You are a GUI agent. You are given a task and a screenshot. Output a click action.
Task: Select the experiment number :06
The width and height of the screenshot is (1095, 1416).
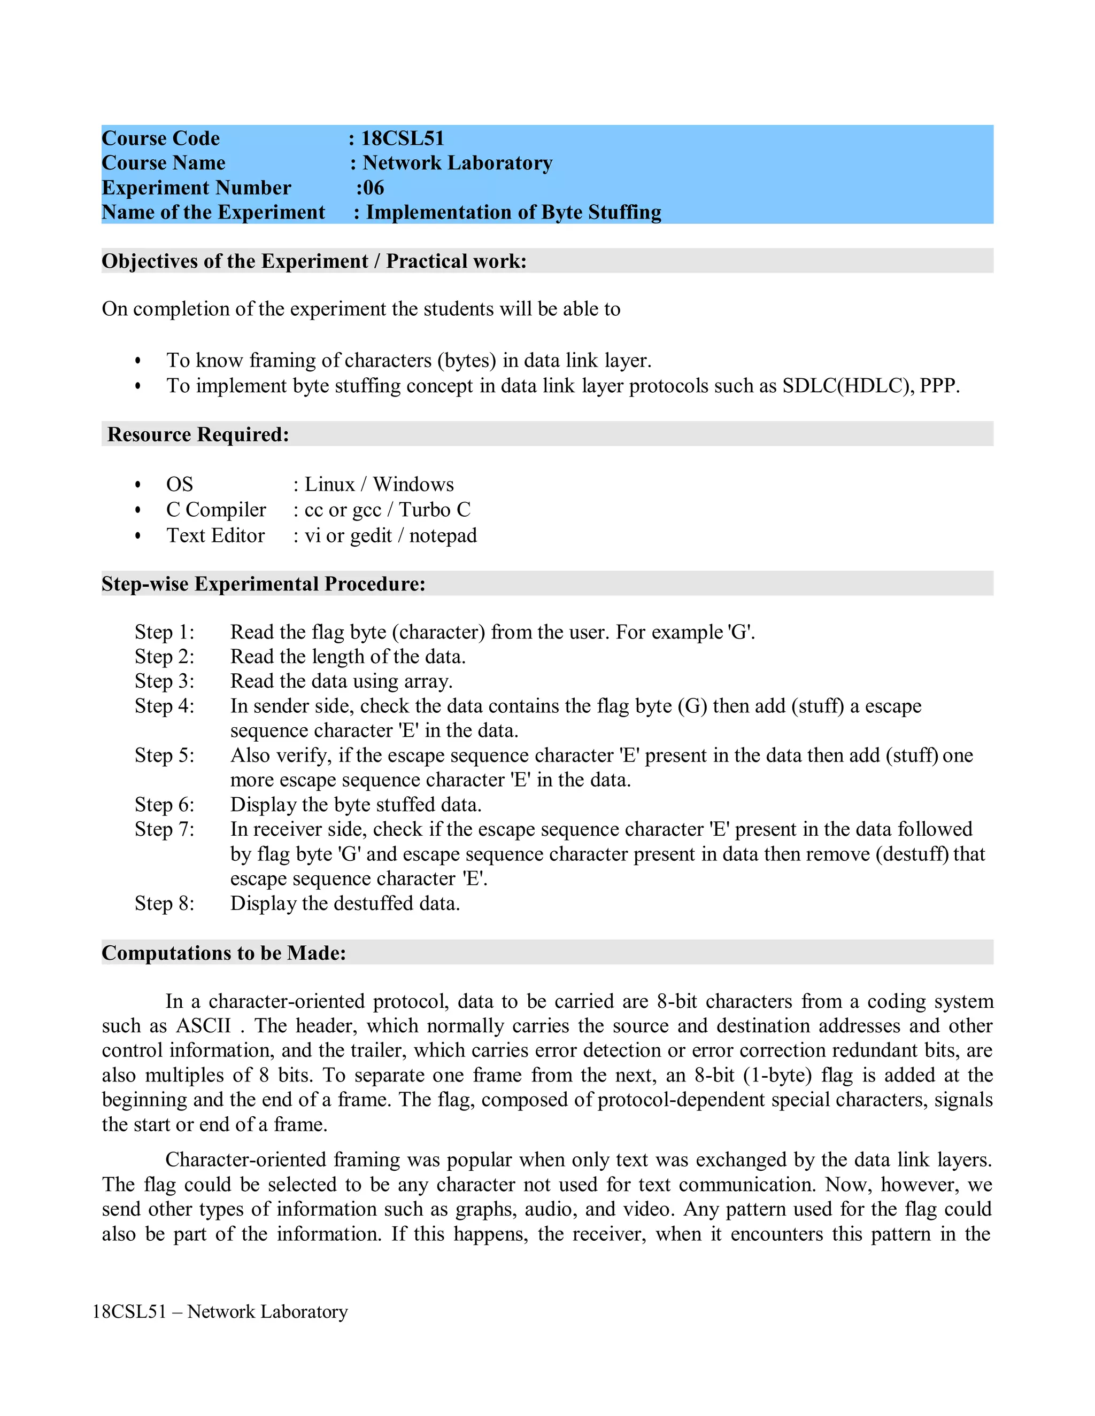pos(370,188)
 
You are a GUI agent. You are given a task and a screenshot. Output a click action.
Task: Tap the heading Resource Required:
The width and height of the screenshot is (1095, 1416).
pos(198,434)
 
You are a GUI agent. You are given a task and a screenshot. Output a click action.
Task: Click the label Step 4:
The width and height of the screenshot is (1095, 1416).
pos(164,705)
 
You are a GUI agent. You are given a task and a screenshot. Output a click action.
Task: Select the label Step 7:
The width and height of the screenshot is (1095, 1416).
pos(164,829)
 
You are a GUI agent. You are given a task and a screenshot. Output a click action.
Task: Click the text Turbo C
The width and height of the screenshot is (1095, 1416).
pos(435,510)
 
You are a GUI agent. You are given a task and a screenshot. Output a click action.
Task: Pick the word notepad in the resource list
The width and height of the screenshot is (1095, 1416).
pos(443,535)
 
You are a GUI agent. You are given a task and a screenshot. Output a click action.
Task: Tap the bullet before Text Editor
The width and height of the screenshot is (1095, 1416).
pos(137,536)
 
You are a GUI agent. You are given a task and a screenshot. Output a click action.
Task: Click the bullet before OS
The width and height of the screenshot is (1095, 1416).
pos(137,485)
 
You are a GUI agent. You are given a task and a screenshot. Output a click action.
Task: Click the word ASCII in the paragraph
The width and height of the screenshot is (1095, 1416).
pos(204,1026)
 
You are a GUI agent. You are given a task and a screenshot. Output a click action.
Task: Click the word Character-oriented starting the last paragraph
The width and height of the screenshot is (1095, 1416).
pos(245,1160)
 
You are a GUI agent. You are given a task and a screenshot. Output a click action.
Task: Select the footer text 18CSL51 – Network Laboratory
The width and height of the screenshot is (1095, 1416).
pos(220,1312)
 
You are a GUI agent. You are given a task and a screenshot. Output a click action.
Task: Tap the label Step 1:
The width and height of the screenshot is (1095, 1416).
pos(164,632)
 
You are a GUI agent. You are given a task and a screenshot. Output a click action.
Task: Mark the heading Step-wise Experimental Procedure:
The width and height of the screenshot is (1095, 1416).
pos(264,583)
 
